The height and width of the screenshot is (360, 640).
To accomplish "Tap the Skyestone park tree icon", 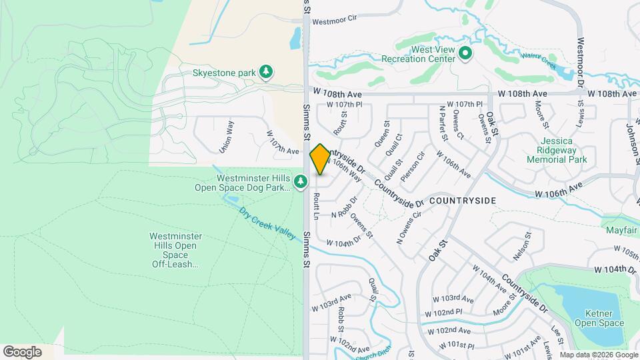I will click(x=267, y=72).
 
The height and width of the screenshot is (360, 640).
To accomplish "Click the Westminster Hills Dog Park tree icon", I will click(x=301, y=181).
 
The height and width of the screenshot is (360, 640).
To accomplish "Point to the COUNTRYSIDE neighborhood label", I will click(x=463, y=200).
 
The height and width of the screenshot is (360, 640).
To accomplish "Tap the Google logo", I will click(x=22, y=351).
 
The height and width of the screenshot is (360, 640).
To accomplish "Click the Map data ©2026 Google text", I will click(x=598, y=355).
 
